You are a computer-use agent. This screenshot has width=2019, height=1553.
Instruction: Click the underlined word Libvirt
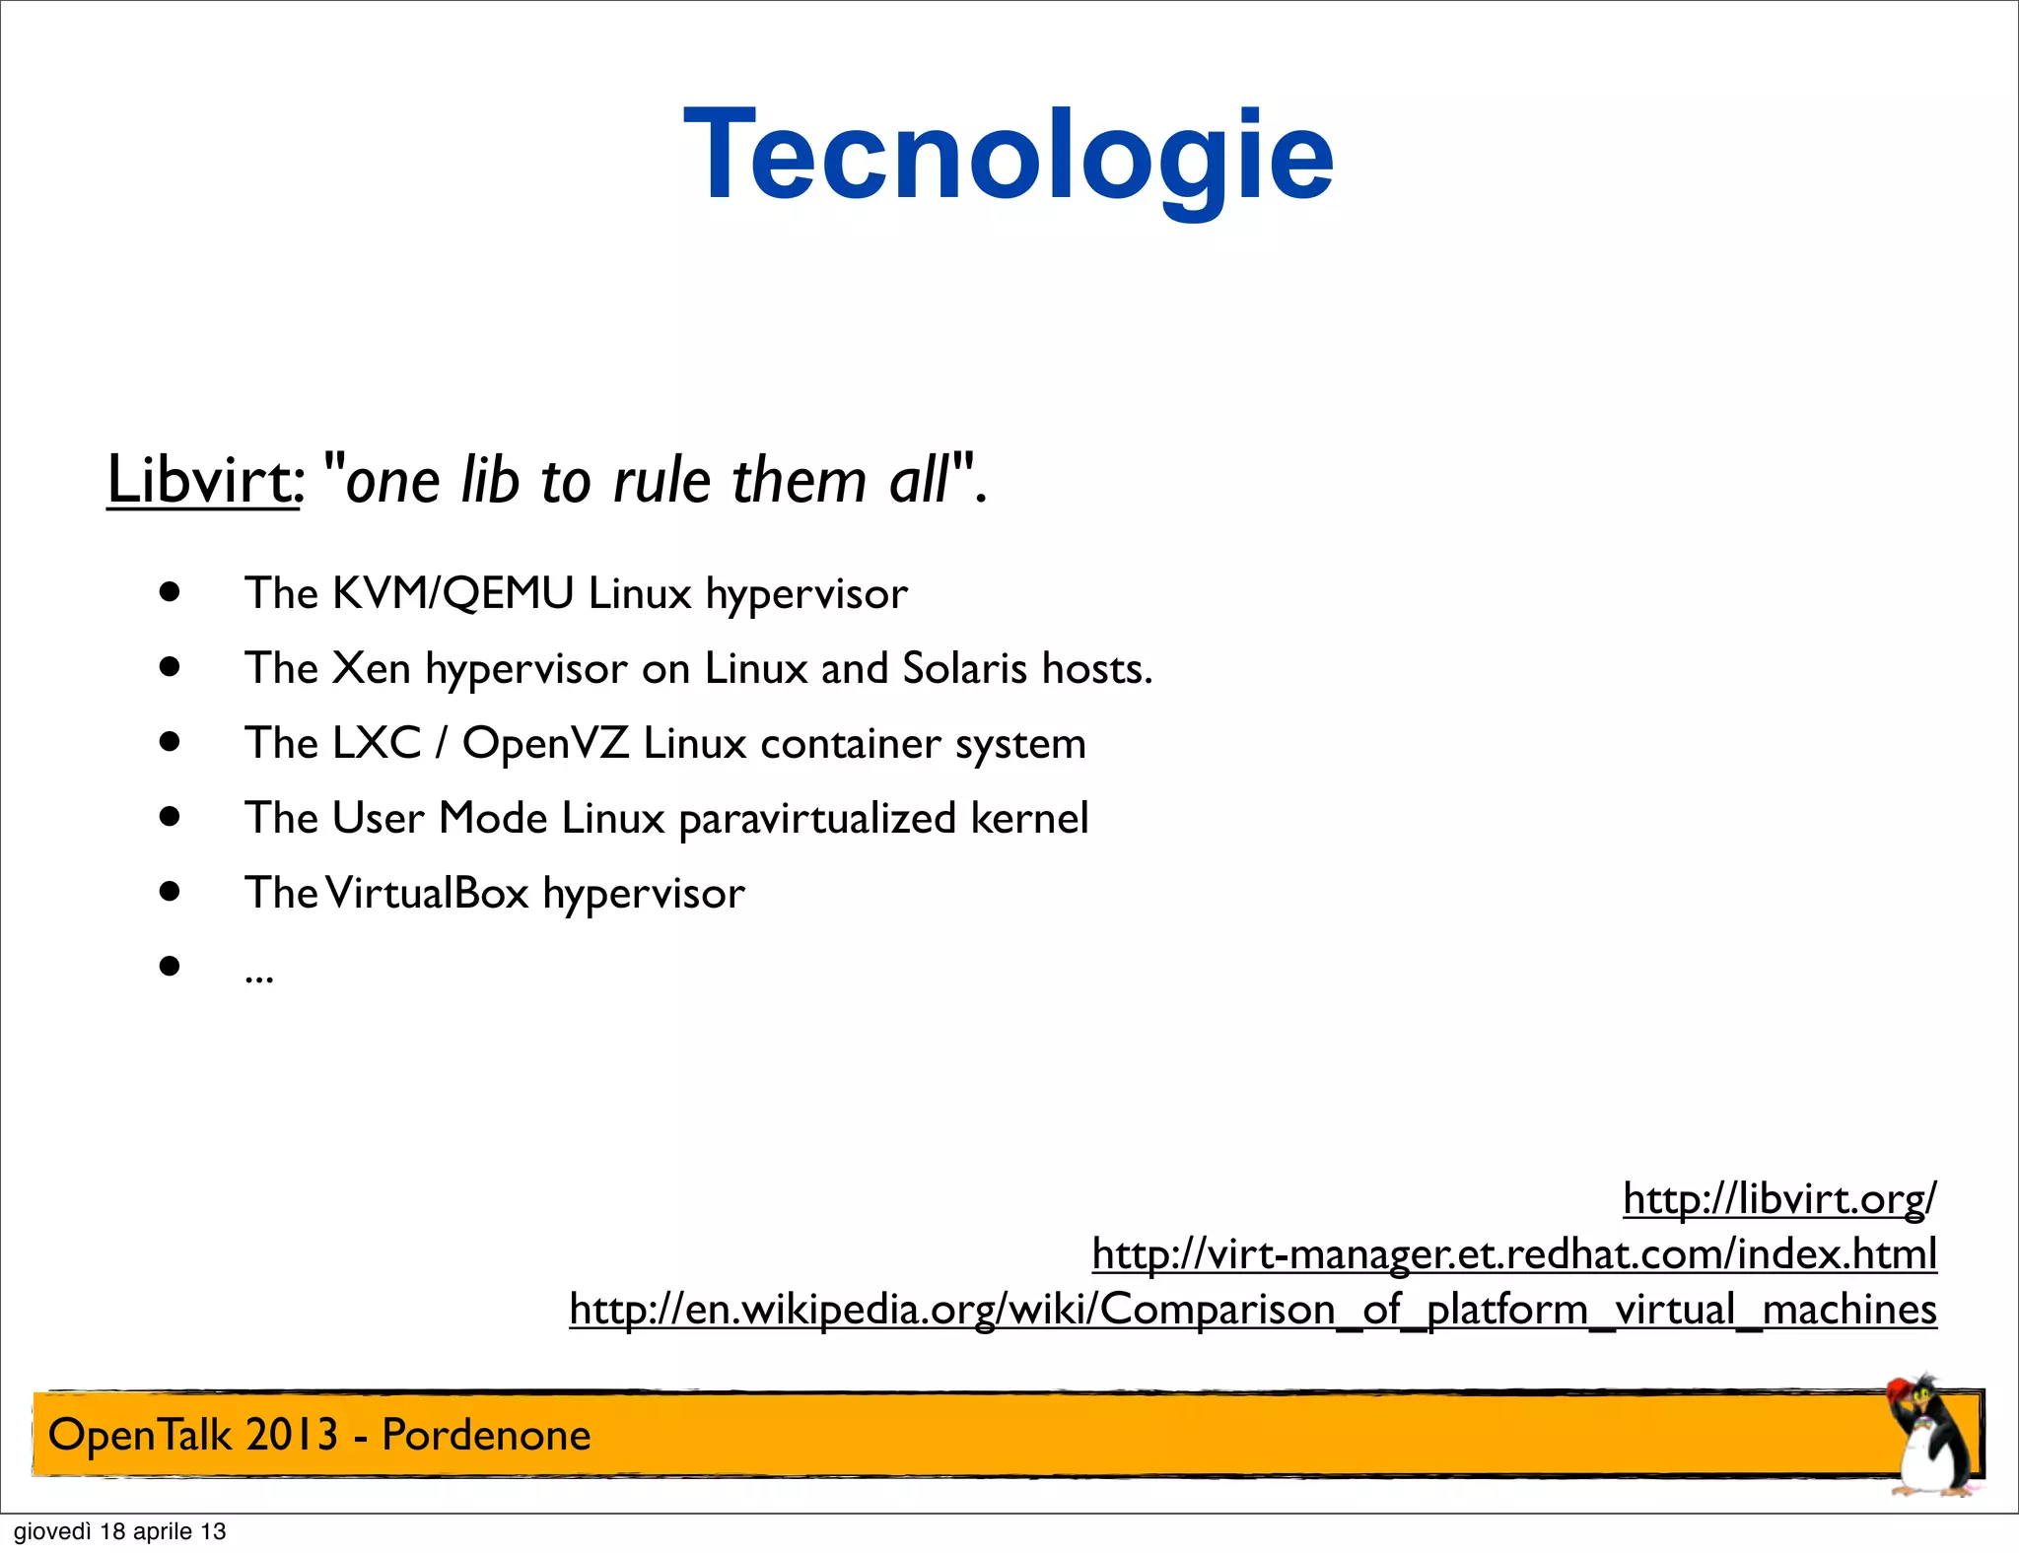201,481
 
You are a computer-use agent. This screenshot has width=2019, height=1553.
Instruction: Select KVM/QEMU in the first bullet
453,594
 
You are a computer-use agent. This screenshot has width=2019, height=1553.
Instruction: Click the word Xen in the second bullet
371,669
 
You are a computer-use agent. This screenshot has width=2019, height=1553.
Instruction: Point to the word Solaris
964,669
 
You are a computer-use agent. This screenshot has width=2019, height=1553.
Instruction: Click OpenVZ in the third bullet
545,744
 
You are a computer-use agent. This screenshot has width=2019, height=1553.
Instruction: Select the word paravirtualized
817,819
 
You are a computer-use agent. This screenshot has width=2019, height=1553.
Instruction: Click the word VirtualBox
428,894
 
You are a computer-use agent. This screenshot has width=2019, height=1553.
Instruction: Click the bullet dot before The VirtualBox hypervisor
171,892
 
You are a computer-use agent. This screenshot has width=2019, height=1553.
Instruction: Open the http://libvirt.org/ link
1778,1199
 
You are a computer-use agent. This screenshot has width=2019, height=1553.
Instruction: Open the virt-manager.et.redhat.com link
1513,1254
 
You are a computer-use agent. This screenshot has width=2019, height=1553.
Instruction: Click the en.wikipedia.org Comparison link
1252,1310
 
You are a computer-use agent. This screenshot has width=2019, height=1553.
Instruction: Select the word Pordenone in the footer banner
486,1435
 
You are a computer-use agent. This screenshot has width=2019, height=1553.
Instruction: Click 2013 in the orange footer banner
292,1435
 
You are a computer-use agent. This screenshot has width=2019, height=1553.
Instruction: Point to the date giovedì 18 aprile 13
119,1531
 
